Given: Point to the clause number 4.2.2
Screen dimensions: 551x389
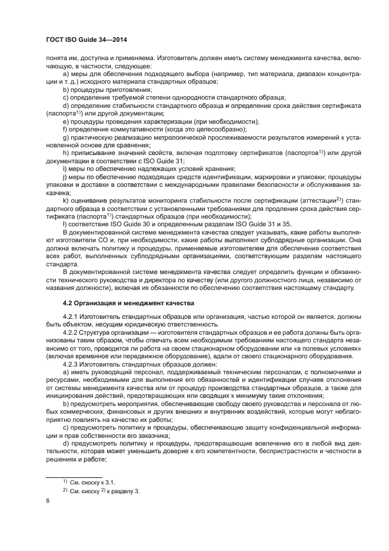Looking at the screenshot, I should pyautogui.click(x=71, y=333).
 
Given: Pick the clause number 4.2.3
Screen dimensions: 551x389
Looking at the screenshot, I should pyautogui.click(x=71, y=364).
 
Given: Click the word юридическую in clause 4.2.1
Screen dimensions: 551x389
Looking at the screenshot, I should pyautogui.click(x=132, y=325).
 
